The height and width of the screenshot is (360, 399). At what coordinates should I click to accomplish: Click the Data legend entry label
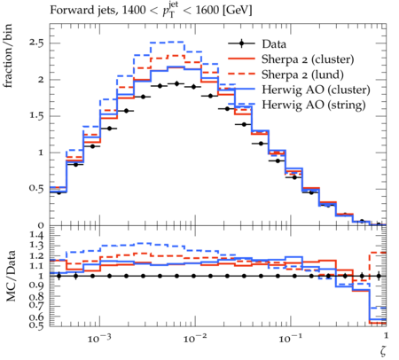click(274, 44)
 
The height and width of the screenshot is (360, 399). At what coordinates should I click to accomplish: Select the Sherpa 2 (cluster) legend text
click(308, 59)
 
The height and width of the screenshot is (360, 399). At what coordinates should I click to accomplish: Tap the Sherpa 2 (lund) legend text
click(302, 74)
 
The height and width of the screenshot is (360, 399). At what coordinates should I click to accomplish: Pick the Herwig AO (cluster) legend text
click(316, 90)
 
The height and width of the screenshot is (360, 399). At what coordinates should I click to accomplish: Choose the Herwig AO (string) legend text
click(314, 105)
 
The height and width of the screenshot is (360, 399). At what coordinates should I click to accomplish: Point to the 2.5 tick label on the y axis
click(36, 43)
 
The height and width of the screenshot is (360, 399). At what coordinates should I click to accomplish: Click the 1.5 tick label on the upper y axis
click(36, 115)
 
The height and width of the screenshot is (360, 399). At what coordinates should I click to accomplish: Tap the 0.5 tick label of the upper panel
click(36, 188)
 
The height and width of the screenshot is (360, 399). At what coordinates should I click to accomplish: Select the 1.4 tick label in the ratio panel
click(36, 235)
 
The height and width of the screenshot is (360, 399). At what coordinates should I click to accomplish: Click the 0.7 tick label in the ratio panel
click(36, 305)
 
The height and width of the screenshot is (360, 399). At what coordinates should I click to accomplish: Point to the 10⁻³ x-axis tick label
click(99, 338)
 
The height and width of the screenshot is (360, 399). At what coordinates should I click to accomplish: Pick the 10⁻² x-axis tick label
click(195, 338)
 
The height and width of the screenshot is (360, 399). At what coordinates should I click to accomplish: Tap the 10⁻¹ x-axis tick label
click(290, 338)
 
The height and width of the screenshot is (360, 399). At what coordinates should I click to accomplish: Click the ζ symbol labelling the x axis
click(383, 351)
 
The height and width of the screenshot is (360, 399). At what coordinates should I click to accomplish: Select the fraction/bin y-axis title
click(8, 56)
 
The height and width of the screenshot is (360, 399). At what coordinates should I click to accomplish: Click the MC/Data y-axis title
click(11, 276)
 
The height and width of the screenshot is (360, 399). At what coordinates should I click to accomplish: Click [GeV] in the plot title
click(237, 11)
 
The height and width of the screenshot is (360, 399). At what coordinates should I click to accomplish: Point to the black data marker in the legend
click(241, 43)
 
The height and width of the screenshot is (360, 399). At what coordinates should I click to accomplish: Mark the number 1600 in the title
click(207, 10)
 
